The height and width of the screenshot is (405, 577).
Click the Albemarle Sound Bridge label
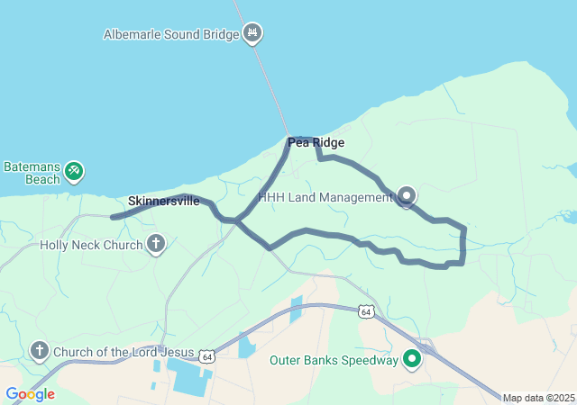click(x=171, y=35)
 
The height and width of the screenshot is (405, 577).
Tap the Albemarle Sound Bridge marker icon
click(x=252, y=34)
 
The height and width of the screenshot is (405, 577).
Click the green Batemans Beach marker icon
click(x=75, y=168)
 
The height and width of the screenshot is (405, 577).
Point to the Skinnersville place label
click(x=164, y=201)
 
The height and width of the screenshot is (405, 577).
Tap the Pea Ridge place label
click(x=316, y=142)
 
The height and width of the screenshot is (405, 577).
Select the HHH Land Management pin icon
click(x=407, y=195)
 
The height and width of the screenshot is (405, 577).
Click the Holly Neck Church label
click(x=91, y=245)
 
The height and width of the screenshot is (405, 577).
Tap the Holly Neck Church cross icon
click(x=157, y=243)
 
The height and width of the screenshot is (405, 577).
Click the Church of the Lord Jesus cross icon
click(x=39, y=350)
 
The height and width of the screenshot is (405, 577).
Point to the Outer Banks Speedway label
click(x=334, y=361)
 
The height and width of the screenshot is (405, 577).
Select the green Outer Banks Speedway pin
click(x=413, y=359)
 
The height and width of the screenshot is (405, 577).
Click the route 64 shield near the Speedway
click(x=365, y=311)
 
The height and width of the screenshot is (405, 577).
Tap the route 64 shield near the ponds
click(x=207, y=356)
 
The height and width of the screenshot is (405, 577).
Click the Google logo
click(x=30, y=394)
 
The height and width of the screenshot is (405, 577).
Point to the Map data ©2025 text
click(x=538, y=398)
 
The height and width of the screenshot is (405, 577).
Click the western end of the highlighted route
click(x=113, y=217)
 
